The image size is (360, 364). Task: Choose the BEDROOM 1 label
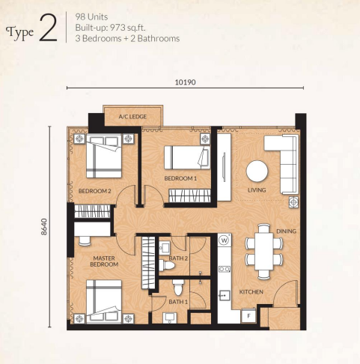click(x=180, y=178)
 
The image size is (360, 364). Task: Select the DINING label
click(x=286, y=231)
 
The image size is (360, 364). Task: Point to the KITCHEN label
click(x=250, y=291)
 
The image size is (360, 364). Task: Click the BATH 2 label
click(x=177, y=258)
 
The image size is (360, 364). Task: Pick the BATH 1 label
click(x=177, y=302)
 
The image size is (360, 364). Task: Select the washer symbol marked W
click(x=224, y=241)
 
